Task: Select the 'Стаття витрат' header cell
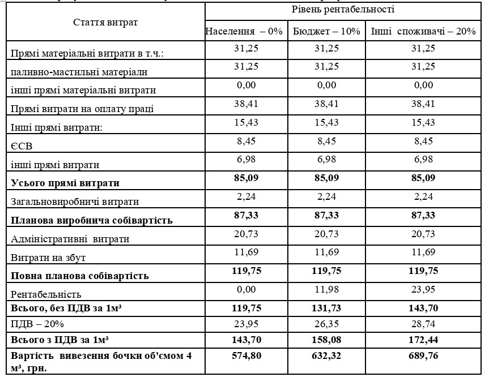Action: coord(105,22)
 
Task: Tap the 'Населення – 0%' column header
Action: coord(244,31)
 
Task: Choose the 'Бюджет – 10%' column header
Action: coord(327,31)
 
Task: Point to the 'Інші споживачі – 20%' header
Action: coord(423,31)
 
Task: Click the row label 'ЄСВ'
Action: coord(22,146)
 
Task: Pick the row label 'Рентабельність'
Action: coord(46,294)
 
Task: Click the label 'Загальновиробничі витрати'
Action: coord(75,201)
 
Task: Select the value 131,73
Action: coord(327,308)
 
